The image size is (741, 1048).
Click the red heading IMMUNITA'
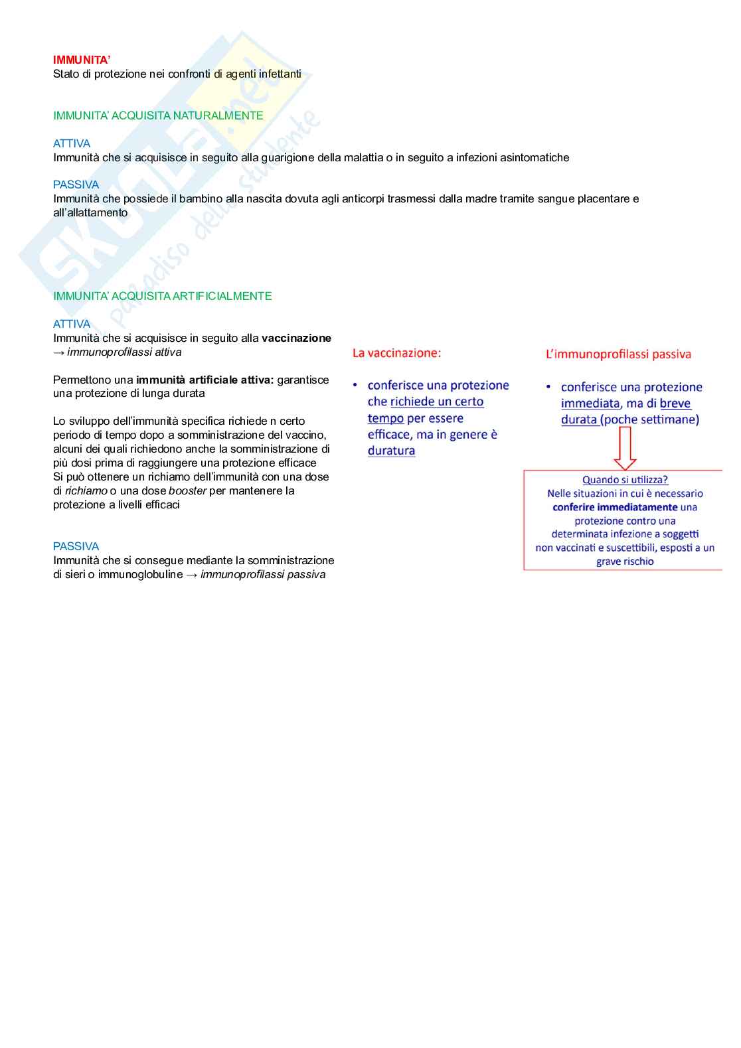[82, 60]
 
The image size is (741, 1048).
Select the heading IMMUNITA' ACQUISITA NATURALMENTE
[158, 115]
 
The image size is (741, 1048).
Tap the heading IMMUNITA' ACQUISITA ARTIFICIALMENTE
[162, 296]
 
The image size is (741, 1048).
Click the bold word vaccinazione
[296, 338]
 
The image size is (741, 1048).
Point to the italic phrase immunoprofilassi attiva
[124, 352]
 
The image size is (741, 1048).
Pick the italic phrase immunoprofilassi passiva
[263, 575]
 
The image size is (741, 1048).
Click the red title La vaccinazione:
[396, 353]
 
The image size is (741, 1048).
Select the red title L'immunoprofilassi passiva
[618, 354]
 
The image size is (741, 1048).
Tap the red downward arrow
[625, 448]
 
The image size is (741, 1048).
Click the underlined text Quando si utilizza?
[625, 480]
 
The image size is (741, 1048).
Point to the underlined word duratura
[391, 451]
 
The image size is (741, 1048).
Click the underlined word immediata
[590, 404]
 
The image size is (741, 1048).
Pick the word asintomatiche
[534, 158]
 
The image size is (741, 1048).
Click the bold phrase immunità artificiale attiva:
[205, 380]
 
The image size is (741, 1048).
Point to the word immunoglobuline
[140, 575]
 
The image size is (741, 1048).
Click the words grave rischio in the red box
[625, 561]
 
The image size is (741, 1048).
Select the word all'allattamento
[90, 213]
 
